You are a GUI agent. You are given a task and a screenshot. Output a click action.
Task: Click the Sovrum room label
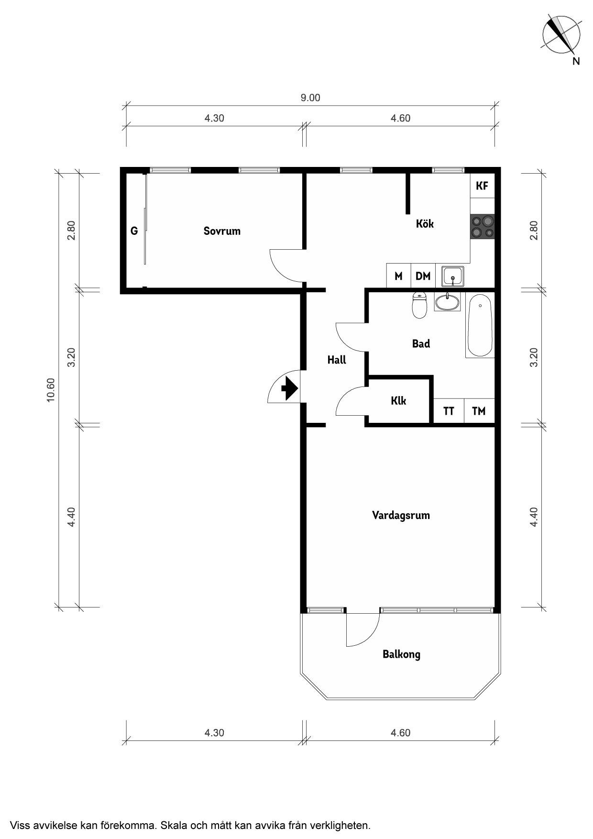coord(222,231)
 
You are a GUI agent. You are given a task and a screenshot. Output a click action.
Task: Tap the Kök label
coord(425,223)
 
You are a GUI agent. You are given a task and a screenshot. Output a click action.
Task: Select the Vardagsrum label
coord(401,516)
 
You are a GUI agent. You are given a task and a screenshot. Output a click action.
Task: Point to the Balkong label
coord(401,654)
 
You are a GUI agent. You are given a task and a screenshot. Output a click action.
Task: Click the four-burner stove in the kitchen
coord(482,227)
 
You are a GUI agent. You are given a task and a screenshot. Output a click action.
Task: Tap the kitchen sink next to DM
coord(452,276)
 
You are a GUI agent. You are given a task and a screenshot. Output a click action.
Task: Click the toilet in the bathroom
coord(419,305)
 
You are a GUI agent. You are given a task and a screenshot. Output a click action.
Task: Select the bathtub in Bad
coord(480,326)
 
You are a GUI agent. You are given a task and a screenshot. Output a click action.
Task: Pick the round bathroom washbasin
coord(447,302)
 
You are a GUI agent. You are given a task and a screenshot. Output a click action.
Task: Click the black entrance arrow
coord(289,387)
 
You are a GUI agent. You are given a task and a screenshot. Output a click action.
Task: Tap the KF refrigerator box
coord(482,186)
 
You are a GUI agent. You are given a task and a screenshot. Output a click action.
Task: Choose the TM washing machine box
coord(479,411)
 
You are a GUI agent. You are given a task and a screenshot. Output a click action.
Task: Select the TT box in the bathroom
coord(449,411)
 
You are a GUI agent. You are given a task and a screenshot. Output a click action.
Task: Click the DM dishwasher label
coord(423,276)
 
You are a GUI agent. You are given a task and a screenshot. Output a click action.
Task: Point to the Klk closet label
coord(398,400)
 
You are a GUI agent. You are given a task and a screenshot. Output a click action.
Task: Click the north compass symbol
coord(561,35)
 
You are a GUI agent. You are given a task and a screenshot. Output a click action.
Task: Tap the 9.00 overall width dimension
coord(310,98)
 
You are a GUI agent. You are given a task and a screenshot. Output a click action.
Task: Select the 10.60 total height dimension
coord(51,390)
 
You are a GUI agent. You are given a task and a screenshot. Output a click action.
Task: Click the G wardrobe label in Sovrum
coord(134,231)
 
